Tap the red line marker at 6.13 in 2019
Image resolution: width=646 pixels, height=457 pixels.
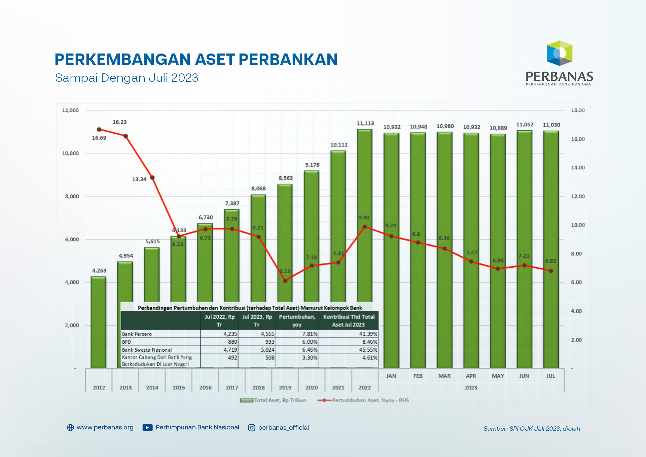(x=285, y=281)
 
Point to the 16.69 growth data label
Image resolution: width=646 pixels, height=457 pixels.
(x=99, y=138)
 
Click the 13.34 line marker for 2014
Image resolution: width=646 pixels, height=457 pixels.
(x=152, y=178)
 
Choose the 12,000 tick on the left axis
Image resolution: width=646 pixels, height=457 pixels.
(x=70, y=110)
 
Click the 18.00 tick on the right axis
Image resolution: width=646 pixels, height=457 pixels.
(x=578, y=110)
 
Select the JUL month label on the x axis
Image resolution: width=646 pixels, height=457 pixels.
(x=550, y=376)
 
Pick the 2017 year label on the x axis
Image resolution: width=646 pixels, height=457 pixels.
(x=232, y=388)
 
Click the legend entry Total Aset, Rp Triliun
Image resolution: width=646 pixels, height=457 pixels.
(x=273, y=400)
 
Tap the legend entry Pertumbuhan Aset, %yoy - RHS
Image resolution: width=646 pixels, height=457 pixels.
(x=363, y=400)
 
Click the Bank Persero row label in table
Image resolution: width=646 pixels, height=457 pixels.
(x=137, y=334)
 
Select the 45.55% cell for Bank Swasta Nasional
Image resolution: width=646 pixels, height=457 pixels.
(x=368, y=350)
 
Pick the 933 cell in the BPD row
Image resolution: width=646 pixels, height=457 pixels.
(x=270, y=342)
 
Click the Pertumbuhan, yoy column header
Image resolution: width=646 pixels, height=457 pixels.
(x=297, y=321)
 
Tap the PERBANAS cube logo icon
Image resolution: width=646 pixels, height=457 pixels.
(x=559, y=53)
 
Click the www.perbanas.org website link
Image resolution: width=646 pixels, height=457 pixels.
(x=105, y=427)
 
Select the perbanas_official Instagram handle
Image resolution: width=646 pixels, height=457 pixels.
(x=283, y=428)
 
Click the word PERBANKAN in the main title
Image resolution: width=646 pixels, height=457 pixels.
(x=288, y=60)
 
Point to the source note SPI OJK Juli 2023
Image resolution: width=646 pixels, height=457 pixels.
(x=532, y=429)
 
